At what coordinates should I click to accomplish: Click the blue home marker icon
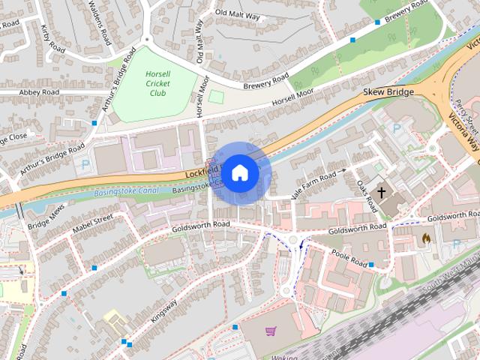[239, 173]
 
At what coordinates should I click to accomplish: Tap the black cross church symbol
[381, 193]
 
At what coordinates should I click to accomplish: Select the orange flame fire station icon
[426, 238]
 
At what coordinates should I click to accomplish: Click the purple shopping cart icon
[270, 331]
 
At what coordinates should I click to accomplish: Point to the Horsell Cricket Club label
[157, 83]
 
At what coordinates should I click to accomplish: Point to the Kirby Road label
[54, 37]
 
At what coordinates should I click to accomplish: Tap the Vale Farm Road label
[313, 183]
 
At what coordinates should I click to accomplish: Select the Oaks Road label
[366, 194]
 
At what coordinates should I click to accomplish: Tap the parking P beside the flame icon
[457, 244]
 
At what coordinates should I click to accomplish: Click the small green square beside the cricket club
[216, 97]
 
